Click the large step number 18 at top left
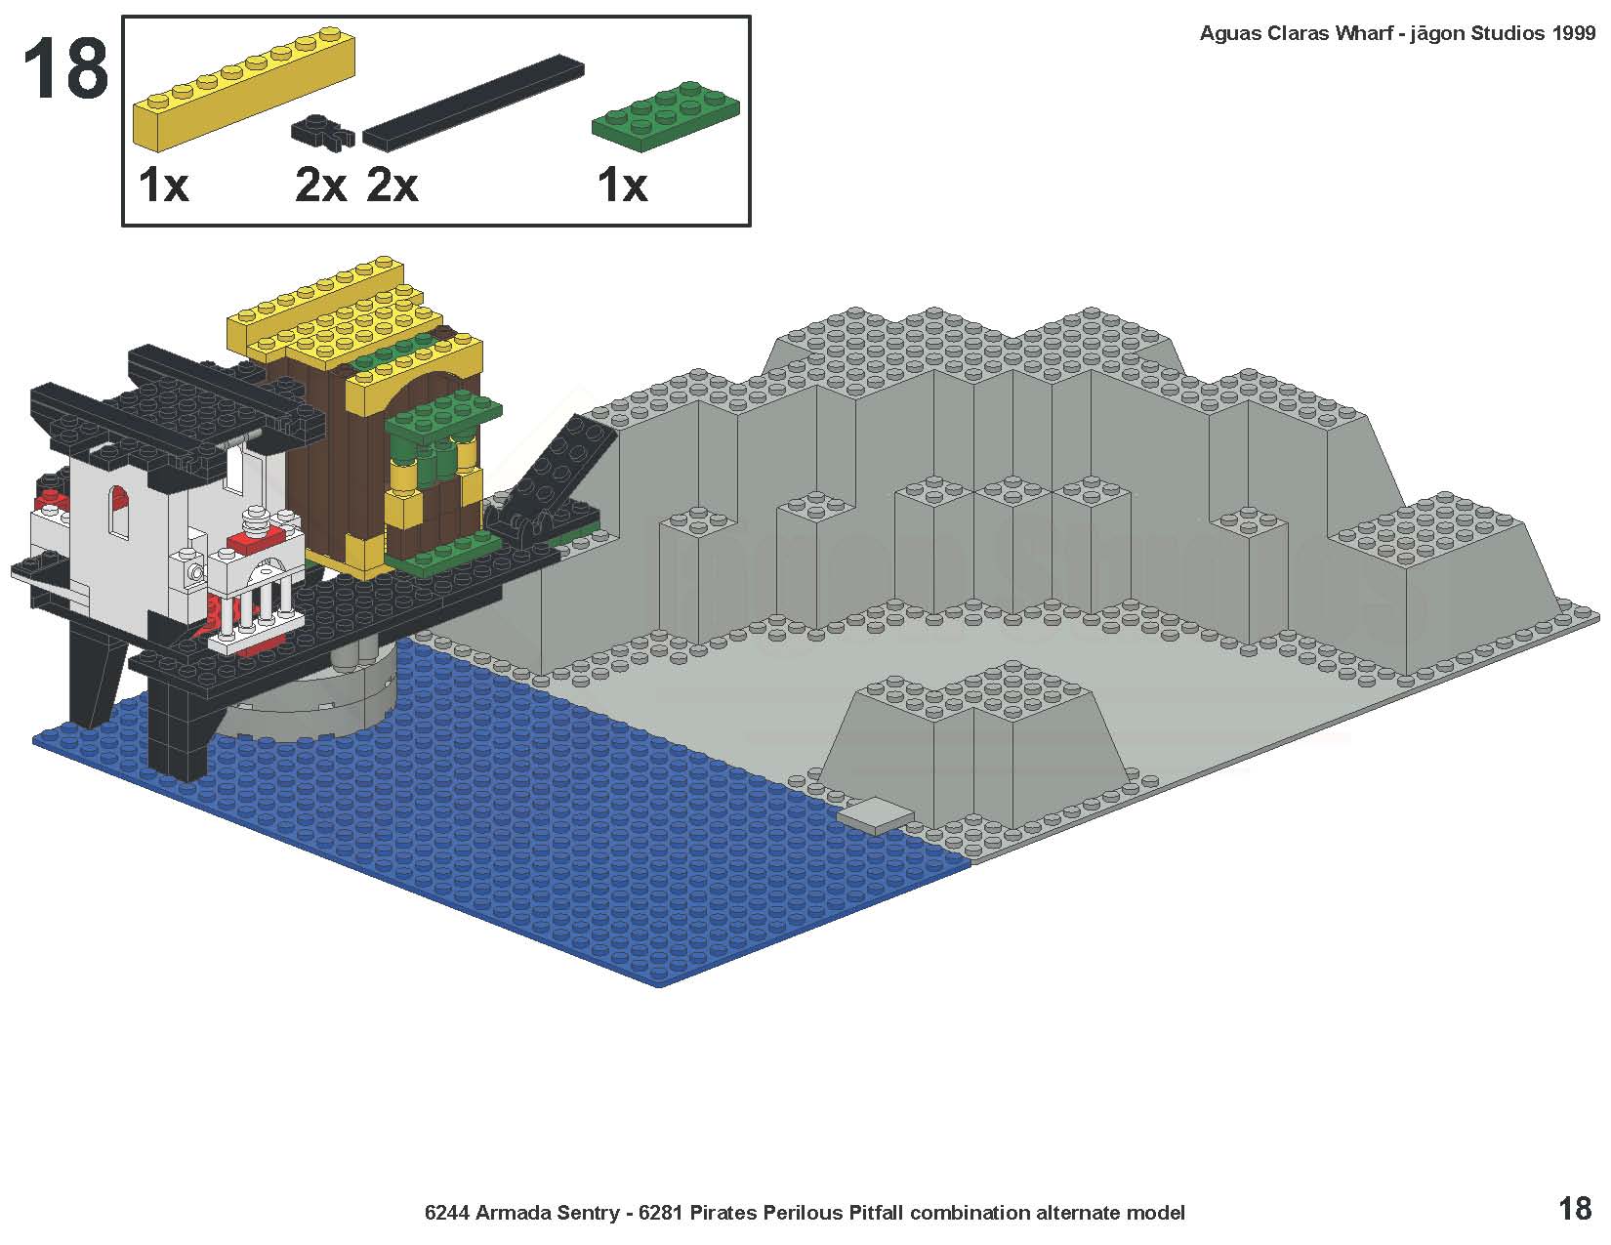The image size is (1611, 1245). [x=66, y=69]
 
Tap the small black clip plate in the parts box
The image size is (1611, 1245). [x=322, y=133]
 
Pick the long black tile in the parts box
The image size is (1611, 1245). [x=473, y=103]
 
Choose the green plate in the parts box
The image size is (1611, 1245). [x=665, y=116]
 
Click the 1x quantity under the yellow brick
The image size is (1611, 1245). [x=164, y=185]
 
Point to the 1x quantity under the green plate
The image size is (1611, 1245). [x=623, y=185]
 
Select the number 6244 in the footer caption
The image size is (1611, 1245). [x=446, y=1213]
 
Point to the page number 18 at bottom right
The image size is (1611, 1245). [x=1575, y=1209]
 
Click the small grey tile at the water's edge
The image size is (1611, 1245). [x=876, y=815]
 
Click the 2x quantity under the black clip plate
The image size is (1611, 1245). [x=320, y=185]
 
